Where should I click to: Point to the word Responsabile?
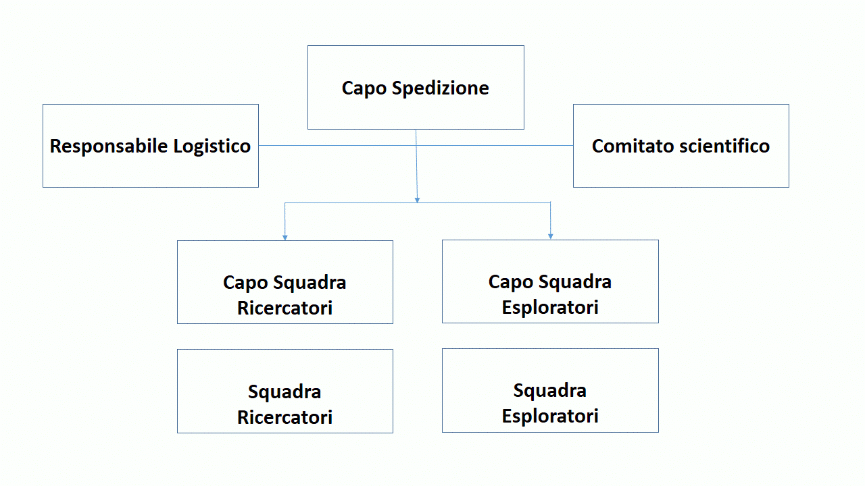tap(109, 146)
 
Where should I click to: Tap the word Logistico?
tap(212, 146)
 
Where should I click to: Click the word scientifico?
tap(724, 146)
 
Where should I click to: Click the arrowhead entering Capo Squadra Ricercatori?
tap(285, 237)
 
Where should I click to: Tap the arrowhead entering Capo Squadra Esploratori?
tap(551, 236)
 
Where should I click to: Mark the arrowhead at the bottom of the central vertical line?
tap(417, 199)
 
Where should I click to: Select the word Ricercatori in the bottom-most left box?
tap(285, 417)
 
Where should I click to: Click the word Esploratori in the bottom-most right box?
tap(550, 416)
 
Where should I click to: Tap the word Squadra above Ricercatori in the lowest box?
tap(285, 391)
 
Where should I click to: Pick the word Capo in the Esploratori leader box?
tap(511, 281)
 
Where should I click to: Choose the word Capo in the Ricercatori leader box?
tap(245, 282)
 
